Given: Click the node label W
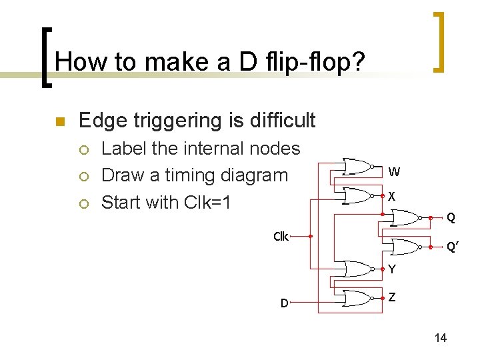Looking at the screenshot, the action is [x=394, y=172].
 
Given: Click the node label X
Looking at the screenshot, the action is [x=393, y=197].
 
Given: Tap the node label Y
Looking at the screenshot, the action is [x=392, y=269].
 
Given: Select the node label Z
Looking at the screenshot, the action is [x=392, y=297].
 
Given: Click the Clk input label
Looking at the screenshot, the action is [x=281, y=236].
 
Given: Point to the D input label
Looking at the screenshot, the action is [x=284, y=303].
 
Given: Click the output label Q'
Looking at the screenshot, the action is [x=451, y=247].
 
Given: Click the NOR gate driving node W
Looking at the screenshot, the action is [x=357, y=166].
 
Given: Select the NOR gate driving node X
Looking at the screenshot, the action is [x=357, y=195].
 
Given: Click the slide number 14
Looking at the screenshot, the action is [x=440, y=338].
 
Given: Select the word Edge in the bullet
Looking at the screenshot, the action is [x=99, y=121].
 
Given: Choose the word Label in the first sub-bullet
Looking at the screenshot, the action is [x=125, y=149].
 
